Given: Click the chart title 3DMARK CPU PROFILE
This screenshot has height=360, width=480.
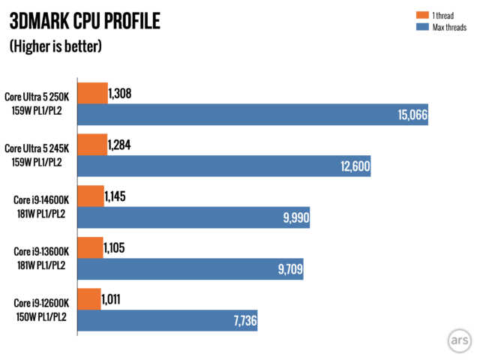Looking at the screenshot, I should (84, 20).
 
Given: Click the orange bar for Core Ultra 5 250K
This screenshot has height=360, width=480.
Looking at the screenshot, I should (92, 94).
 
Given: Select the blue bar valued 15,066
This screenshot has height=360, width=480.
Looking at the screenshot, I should (253, 115).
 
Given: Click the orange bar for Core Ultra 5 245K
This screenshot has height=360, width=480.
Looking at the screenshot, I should (91, 145).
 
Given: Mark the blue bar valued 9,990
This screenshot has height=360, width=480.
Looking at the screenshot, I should (193, 217).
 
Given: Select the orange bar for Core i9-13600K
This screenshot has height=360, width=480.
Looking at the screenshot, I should (90, 248).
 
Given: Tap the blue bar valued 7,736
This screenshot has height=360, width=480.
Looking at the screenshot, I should (167, 320).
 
